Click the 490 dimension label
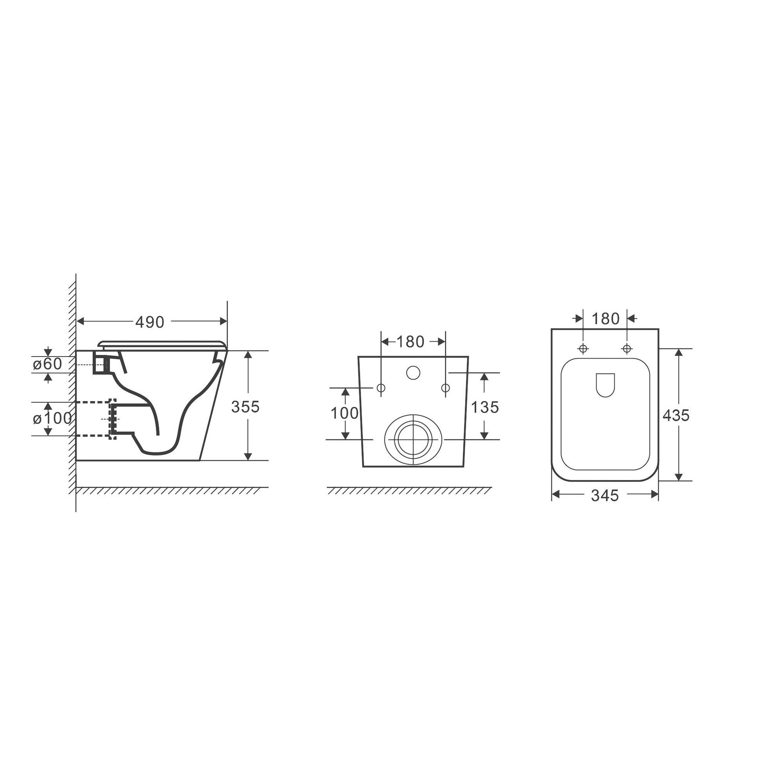149,322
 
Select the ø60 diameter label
48,364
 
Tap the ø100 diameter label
52,419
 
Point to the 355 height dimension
245,407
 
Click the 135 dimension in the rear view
485,407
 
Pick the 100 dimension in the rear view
344,413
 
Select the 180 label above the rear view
410,342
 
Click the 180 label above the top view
606,319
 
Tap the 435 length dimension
676,416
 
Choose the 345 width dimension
605,495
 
